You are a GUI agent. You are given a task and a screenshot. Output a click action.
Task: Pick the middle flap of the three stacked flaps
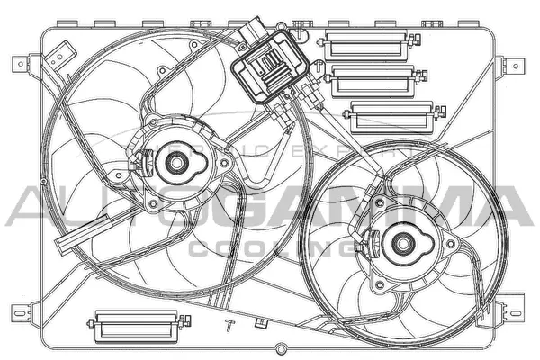[368, 82]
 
